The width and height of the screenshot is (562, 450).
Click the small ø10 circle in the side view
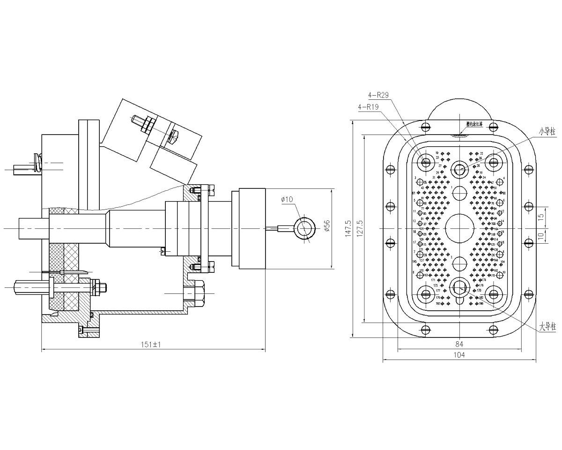pyautogui.click(x=304, y=229)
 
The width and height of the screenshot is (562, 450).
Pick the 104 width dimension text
pyautogui.click(x=459, y=356)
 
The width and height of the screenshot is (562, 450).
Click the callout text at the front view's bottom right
pyautogui.click(x=547, y=325)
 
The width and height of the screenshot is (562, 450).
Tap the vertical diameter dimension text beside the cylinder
pyautogui.click(x=326, y=226)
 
